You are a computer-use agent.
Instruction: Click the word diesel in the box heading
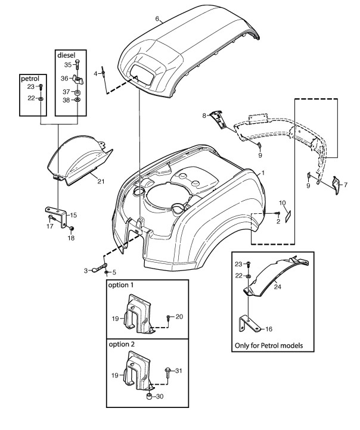(x=66, y=55)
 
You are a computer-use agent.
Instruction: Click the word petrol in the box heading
(x=30, y=79)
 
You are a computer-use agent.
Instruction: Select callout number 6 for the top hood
(x=157, y=18)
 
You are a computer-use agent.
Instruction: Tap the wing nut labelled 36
(x=78, y=80)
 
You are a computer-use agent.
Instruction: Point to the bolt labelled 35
(x=77, y=64)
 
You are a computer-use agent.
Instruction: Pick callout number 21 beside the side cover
(x=101, y=181)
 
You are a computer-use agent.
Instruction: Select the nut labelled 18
(x=72, y=229)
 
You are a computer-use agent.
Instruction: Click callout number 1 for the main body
(x=263, y=173)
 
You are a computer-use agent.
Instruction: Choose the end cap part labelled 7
(x=336, y=185)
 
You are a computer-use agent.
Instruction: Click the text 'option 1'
(x=121, y=285)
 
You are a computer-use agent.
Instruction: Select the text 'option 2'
(x=122, y=344)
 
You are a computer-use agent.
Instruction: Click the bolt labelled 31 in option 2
(x=168, y=372)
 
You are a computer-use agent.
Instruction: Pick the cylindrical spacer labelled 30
(x=149, y=395)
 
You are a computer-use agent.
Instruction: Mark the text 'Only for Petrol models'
(x=269, y=345)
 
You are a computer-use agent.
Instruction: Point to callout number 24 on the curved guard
(x=277, y=287)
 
